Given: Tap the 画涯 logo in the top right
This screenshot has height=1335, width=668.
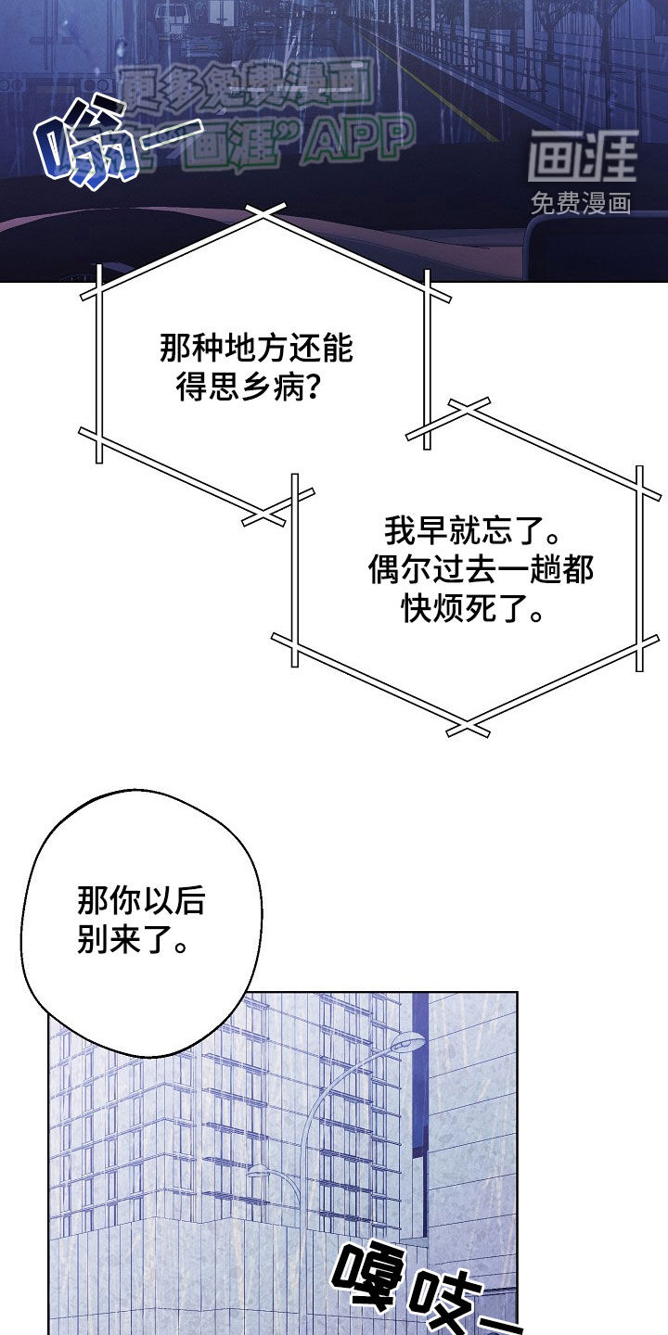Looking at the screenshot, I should click(x=583, y=157).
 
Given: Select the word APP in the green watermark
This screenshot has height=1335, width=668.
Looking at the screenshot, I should click(x=358, y=140).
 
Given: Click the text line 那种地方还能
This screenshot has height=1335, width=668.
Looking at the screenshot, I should click(x=257, y=351).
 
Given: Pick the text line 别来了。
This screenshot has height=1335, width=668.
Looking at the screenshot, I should click(x=132, y=940).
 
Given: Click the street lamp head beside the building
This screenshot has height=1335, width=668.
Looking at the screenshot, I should click(x=407, y=1043).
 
